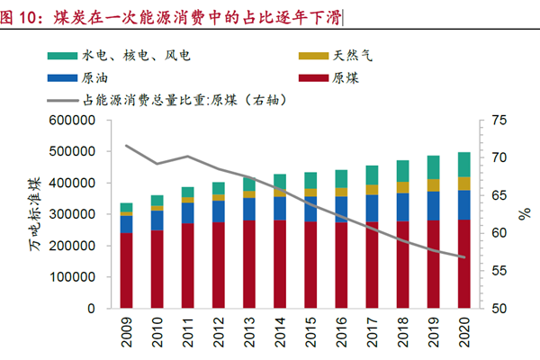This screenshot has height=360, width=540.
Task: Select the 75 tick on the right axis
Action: point(498,121)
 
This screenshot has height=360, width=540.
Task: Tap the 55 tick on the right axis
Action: point(498,271)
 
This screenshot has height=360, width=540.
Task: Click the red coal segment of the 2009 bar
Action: point(127,270)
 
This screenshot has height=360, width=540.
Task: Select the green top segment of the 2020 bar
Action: point(463,164)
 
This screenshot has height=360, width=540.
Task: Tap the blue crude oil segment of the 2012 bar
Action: point(219,211)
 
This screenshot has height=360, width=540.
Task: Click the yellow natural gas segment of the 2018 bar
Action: point(402,187)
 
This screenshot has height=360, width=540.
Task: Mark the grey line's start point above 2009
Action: point(127,145)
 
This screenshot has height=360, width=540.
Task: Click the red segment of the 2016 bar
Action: point(341,265)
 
